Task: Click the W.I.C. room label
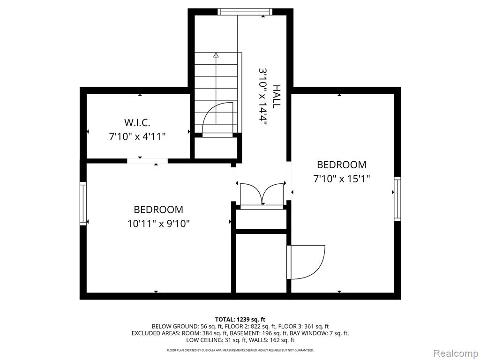[137, 123]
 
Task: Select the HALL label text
[277, 97]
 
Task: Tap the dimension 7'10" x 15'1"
[342, 179]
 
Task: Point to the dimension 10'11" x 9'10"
[158, 224]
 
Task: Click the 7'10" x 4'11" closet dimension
[137, 136]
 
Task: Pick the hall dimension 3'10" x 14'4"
[263, 97]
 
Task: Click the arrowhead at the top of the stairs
[216, 55]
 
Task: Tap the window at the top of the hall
[245, 12]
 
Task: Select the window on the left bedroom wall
[83, 203]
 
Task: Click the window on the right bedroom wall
[397, 199]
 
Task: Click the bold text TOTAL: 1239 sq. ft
[240, 320]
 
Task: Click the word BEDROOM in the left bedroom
[158, 210]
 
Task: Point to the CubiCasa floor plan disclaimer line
[240, 350]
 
